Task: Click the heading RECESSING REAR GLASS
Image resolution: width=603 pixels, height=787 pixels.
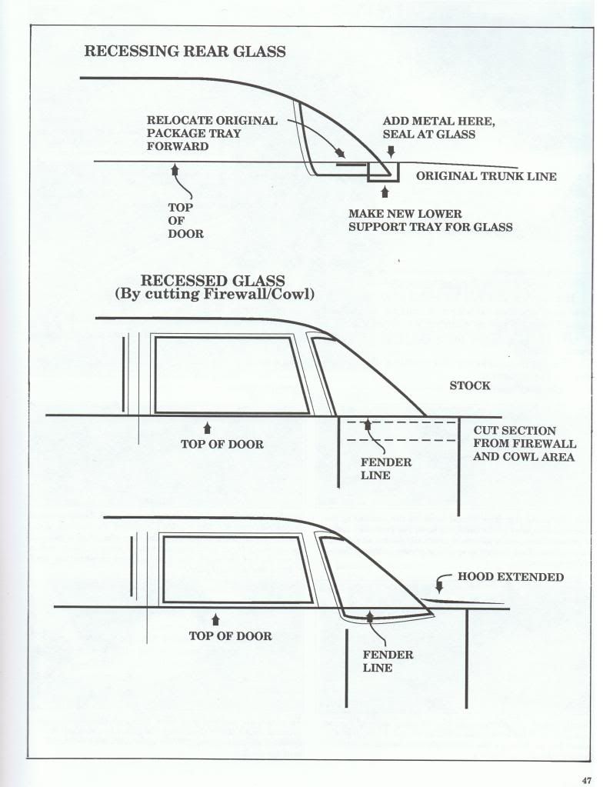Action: [x=185, y=52]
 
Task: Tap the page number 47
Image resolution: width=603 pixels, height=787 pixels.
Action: [x=587, y=780]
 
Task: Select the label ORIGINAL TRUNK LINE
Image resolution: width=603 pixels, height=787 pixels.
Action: [x=486, y=176]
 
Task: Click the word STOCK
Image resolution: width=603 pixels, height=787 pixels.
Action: [x=470, y=385]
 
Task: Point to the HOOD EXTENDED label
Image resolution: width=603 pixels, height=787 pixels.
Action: [x=511, y=577]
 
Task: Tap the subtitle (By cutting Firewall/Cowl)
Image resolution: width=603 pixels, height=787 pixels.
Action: [x=215, y=294]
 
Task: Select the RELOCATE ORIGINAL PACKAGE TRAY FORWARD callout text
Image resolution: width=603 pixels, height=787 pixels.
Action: [x=212, y=134]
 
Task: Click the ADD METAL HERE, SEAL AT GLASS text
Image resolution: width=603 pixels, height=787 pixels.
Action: [x=438, y=128]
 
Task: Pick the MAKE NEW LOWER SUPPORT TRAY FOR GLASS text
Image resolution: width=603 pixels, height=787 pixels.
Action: [x=431, y=220]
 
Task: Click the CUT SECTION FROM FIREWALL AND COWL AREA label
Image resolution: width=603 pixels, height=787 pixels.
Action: [x=525, y=444]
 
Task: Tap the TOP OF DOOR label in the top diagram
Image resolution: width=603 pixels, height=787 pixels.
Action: [x=185, y=220]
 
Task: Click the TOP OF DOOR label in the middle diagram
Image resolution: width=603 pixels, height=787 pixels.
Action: [x=222, y=444]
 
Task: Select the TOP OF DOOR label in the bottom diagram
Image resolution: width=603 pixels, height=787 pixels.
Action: [x=230, y=636]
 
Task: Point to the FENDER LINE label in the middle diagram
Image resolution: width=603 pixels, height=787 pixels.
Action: [x=386, y=469]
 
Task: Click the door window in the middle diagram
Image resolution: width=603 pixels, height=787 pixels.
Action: [x=155, y=375]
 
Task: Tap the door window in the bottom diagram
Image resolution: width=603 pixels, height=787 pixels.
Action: [x=164, y=570]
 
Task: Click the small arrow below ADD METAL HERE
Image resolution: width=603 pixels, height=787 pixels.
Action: [x=391, y=151]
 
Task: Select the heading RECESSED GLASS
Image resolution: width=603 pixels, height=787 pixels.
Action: [x=213, y=281]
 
